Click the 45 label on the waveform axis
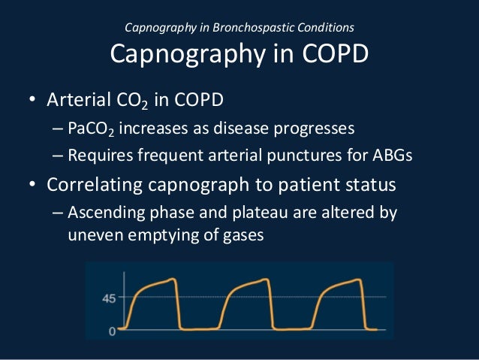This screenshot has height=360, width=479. pos(109,298)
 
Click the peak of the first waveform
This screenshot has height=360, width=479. pos(175,280)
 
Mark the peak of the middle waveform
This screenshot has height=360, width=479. pos(267,280)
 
